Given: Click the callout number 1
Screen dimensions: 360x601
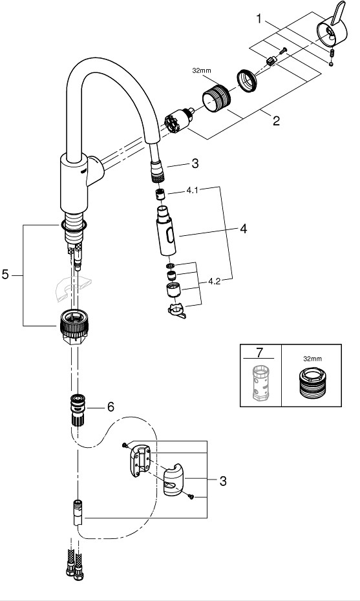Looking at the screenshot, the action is [259, 18].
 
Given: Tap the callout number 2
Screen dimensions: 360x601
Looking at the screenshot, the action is [276, 121].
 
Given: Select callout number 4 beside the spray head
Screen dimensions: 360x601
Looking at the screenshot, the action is [243, 229].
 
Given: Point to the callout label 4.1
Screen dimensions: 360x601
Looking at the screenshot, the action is [193, 190].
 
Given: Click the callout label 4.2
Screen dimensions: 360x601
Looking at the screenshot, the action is [215, 281].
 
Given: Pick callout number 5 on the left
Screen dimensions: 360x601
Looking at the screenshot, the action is [5, 275].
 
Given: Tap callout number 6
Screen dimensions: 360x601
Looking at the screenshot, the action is [111, 406].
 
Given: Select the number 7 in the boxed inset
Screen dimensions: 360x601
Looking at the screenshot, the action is [260, 352].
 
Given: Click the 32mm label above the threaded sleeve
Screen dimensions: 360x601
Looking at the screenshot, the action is [201, 70].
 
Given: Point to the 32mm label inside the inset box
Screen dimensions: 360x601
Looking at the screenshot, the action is [312, 359].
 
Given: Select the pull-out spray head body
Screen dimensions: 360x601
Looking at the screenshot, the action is [166, 231].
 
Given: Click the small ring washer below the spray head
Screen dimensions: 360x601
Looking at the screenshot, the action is [171, 266].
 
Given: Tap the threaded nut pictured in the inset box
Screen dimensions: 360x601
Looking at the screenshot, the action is [312, 383].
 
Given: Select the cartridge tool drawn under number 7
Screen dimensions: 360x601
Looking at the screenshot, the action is [260, 383].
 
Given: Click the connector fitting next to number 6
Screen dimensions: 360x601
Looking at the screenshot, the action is [78, 409].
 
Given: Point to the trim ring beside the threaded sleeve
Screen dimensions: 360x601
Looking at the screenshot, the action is [246, 81].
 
